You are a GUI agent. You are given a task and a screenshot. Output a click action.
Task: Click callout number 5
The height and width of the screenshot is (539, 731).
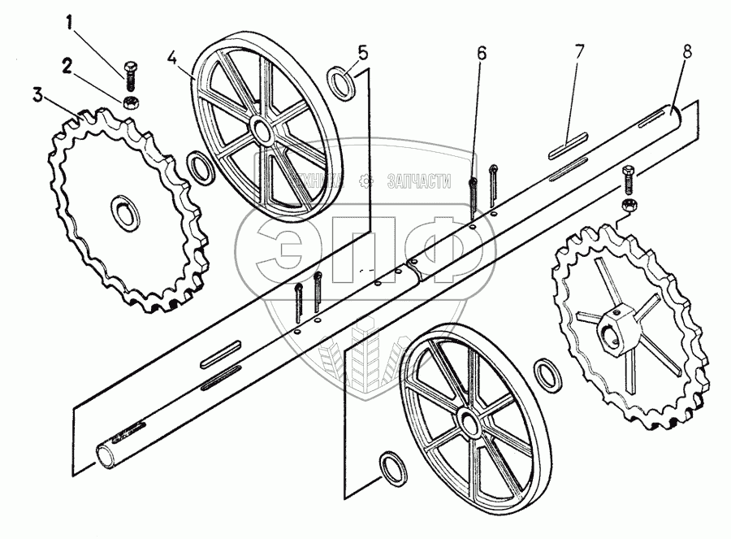[x=362, y=54]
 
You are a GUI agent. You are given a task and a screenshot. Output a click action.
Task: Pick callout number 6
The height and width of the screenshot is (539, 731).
[x=482, y=54]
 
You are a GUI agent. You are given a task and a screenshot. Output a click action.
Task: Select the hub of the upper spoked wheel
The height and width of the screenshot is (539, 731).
[x=262, y=130]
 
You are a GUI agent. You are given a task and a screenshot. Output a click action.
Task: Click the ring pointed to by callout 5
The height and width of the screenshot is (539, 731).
[x=340, y=82]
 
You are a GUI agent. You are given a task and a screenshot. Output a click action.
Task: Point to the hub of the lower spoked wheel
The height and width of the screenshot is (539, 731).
[x=467, y=422]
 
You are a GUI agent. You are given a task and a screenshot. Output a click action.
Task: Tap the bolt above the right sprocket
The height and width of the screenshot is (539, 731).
[x=627, y=178]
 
